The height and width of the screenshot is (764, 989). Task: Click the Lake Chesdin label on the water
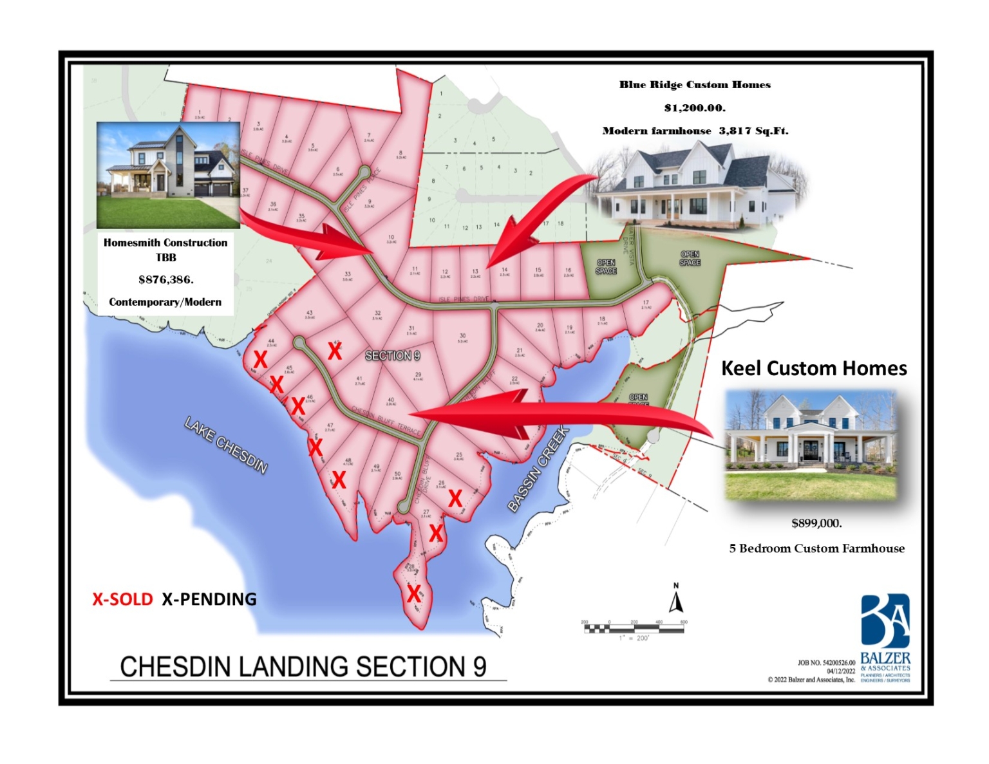point(225,445)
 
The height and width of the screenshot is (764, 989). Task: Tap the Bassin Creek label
point(538,469)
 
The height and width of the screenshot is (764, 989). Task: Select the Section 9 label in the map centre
point(392,355)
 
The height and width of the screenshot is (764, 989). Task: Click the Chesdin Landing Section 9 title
point(303,667)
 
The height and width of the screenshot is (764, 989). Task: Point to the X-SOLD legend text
point(122,599)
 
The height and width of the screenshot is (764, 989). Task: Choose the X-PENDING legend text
point(209,599)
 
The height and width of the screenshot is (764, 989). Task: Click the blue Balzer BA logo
point(885,620)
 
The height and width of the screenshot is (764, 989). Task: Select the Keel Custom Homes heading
point(814,368)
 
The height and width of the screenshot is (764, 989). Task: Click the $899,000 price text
point(816,523)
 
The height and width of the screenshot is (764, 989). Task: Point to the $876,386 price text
point(165,279)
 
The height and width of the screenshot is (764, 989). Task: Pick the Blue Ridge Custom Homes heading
point(695,85)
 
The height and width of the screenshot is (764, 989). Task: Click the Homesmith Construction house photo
point(168,174)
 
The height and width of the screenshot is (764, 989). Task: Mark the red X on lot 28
point(413,593)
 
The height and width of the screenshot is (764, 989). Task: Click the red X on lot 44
point(260,359)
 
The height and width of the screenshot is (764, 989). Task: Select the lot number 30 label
point(462,336)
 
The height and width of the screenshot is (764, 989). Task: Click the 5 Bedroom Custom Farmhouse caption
point(816,548)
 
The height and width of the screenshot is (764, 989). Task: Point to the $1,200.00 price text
point(695,107)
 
